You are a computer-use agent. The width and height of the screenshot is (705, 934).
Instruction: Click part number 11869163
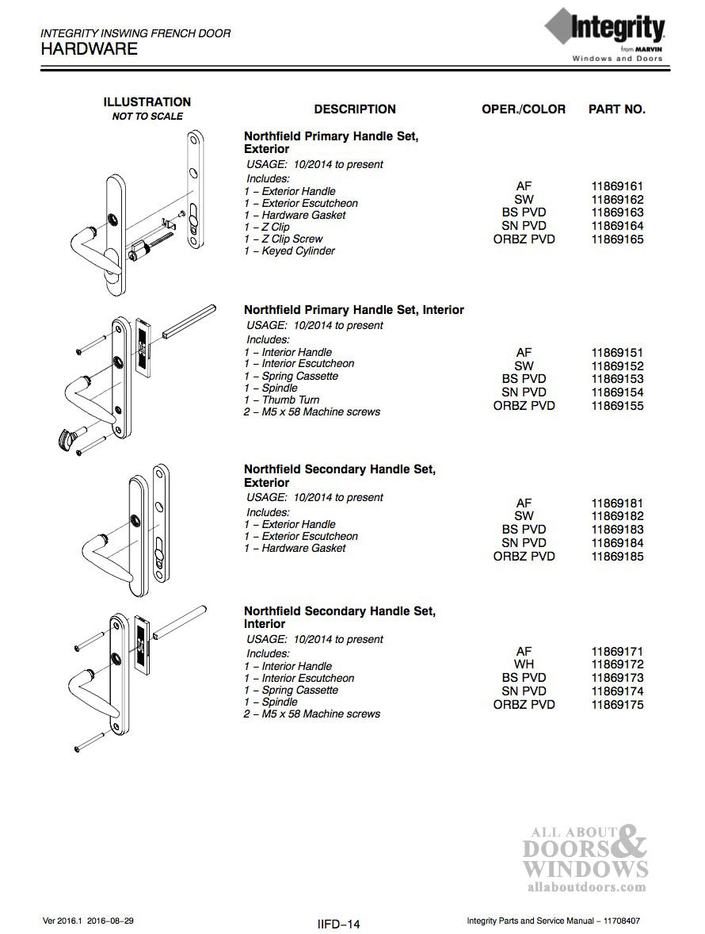point(617,212)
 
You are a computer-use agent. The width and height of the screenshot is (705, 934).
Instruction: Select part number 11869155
point(617,405)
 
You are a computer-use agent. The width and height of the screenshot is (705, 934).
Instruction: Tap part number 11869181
point(617,503)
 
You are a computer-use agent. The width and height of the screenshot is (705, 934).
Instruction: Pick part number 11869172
point(617,664)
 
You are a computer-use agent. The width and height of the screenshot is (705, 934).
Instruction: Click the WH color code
point(524,664)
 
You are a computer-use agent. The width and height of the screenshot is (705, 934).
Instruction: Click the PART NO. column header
point(616,109)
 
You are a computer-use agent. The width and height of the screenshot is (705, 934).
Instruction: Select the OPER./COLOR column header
point(524,109)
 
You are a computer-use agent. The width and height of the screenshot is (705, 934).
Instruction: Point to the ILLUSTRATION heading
point(147,102)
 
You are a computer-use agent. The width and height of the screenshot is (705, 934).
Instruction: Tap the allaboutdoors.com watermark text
point(585,887)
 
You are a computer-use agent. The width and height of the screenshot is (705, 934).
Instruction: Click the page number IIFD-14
point(338,924)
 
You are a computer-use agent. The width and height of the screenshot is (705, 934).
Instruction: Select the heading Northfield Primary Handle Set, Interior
point(353,309)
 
